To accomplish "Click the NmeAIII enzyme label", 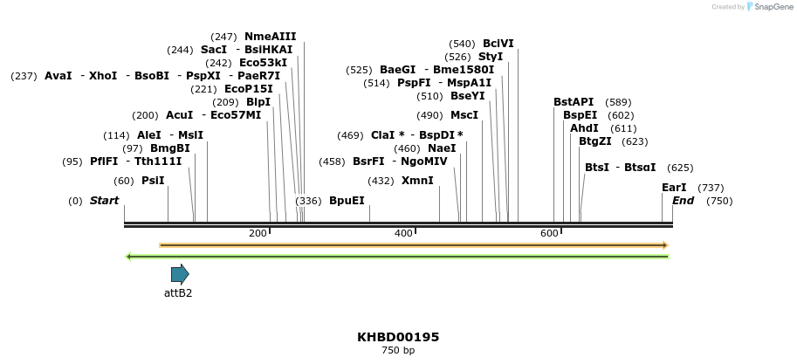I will pos(270,37).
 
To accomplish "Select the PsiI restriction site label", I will pos(153,181).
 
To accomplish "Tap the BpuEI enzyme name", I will pos(347,201).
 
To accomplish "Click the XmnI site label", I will pos(417,181).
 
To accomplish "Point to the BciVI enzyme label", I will pos(498,44).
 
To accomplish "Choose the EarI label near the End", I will pos(674,188).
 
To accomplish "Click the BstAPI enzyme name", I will pos(574,102).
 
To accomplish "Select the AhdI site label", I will pos(584,128).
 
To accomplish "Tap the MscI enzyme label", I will pos(464,115).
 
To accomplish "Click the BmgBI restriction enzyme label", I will pos(169,148).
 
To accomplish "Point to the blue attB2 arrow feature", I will pos(180,274).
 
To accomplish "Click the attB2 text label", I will pos(178,293).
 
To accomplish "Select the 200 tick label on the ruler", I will pos(258,234).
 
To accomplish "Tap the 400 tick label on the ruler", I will pos(403,234).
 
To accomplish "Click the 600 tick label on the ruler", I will pos(549,234).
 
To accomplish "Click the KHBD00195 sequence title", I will pos(398,337).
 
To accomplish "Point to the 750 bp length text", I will pos(398,351).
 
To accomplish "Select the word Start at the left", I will pos(104,201).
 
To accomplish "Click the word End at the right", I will pos(684,201).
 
